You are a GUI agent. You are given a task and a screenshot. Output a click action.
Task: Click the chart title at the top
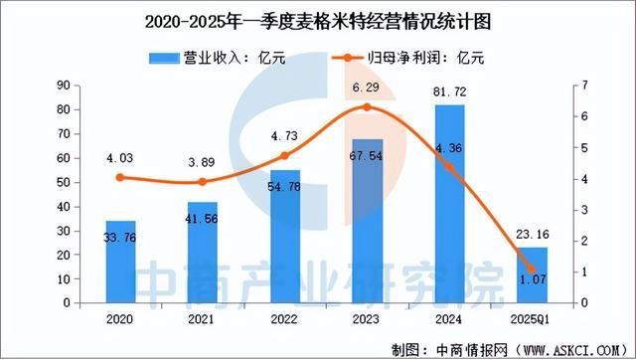[x=318, y=20]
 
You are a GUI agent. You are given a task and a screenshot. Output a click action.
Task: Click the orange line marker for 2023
[x=367, y=107]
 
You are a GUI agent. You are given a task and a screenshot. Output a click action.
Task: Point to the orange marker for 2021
[x=203, y=182]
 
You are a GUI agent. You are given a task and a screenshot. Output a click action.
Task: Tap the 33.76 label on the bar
[x=120, y=236]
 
